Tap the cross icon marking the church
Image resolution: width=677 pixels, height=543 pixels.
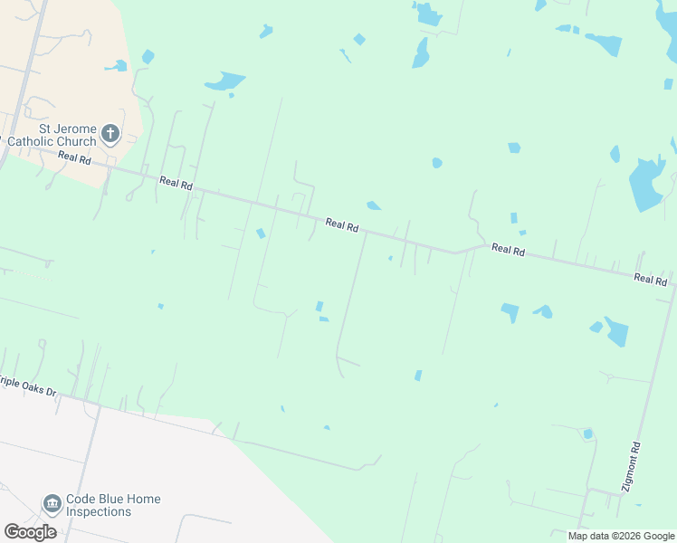pyautogui.click(x=110, y=135)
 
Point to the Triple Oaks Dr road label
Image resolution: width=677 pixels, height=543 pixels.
pyautogui.click(x=27, y=386)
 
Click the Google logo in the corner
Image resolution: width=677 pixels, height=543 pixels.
pyautogui.click(x=30, y=531)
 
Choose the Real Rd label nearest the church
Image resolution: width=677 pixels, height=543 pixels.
pyautogui.click(x=74, y=158)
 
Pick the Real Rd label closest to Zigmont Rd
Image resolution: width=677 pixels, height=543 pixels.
pyautogui.click(x=650, y=280)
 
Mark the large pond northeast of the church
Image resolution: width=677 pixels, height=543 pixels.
pyautogui.click(x=225, y=81)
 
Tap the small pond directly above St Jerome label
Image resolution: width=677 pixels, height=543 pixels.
pyautogui.click(x=116, y=66)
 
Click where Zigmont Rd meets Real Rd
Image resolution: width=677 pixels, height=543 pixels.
pyautogui.click(x=672, y=287)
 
